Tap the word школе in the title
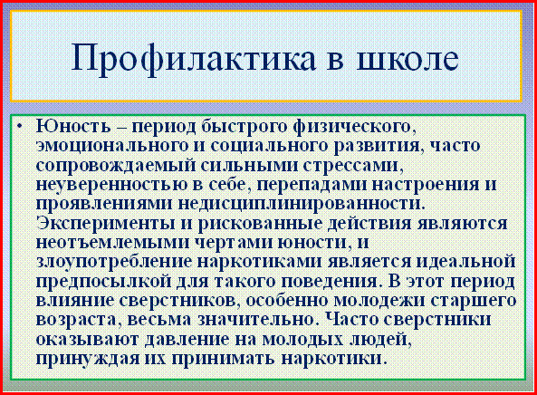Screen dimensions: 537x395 point(408,57)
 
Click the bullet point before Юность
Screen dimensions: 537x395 point(20,127)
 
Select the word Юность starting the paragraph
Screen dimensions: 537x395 point(73,127)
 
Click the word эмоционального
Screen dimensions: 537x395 point(112,146)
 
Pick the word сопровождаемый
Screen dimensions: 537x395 point(115,166)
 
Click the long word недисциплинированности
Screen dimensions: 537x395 point(302,205)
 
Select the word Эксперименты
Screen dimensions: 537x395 point(105,224)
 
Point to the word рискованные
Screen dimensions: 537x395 point(260,224)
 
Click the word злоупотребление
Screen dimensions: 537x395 point(114,263)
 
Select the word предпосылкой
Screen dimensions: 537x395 point(104,282)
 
